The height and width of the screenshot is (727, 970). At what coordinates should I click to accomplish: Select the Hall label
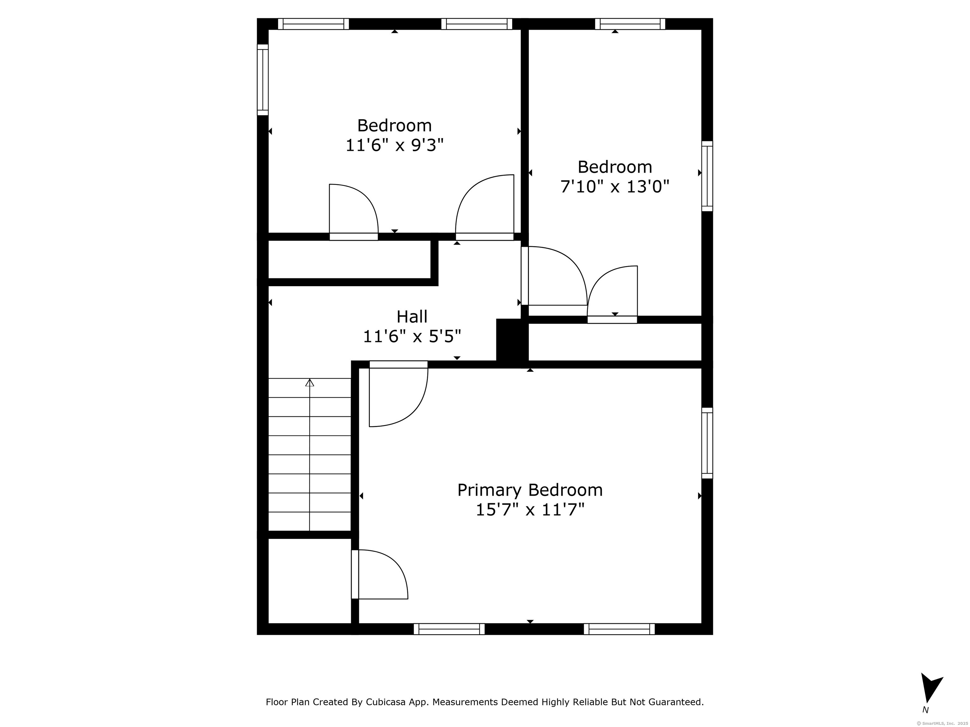412,316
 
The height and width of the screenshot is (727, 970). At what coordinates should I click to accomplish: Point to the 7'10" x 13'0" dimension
615,187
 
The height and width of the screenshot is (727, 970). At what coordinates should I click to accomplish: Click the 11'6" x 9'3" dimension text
395,145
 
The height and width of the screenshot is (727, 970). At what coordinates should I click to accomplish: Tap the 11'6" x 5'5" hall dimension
412,337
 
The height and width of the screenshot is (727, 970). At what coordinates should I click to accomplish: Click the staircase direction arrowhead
309,382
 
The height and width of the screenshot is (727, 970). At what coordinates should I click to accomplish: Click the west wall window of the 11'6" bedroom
263,80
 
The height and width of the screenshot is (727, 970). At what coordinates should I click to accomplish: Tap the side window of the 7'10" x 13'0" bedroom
707,176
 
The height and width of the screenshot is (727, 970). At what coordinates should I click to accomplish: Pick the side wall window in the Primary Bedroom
707,443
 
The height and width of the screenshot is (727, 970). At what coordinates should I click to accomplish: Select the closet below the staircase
309,581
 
